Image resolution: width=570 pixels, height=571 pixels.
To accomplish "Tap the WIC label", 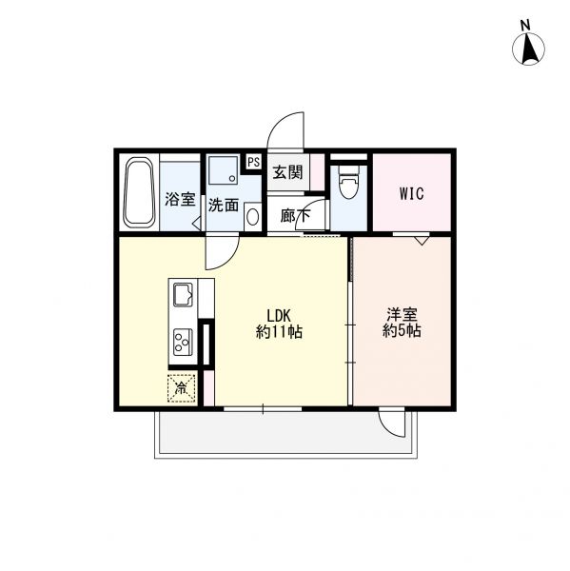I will tap(410, 194).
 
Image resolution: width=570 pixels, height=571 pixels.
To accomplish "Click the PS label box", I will tap(253, 162).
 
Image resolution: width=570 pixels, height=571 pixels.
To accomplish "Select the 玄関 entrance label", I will tap(287, 173).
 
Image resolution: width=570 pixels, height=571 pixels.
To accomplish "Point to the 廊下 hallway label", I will tap(295, 215).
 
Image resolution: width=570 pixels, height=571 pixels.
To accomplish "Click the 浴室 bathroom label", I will tap(180, 200).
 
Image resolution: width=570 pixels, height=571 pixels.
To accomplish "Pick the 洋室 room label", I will tap(401, 315).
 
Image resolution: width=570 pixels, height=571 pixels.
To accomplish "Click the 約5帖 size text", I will tap(401, 332).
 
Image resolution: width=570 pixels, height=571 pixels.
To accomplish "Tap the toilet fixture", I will tap(348, 182).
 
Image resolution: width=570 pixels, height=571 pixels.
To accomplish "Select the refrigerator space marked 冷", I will tap(182, 388).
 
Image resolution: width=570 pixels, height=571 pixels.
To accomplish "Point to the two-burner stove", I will tap(182, 340).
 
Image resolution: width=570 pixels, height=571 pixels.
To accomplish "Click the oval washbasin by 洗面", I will tap(251, 215).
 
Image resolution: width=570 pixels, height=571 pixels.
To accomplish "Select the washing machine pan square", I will tap(225, 172).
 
